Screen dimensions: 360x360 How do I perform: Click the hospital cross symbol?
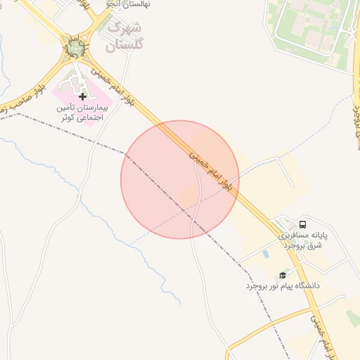[x=83, y=96]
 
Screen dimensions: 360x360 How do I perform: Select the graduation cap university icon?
[x=283, y=275]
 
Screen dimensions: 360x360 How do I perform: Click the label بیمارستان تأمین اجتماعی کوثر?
[x=82, y=114]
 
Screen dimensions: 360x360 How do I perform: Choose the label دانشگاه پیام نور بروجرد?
[x=283, y=286]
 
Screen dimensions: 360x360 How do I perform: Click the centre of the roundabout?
[x=74, y=49]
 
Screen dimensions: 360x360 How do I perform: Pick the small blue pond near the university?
[x=265, y=253]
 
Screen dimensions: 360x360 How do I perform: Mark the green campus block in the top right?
[x=309, y=28]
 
